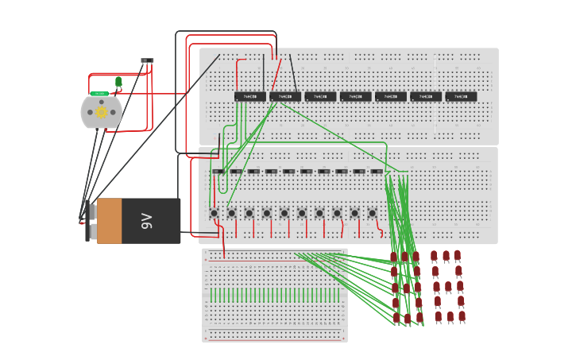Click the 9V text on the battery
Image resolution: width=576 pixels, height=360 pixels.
click(x=147, y=221)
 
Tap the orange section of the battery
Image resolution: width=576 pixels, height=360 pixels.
click(x=110, y=221)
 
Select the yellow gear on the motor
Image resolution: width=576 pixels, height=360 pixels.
click(x=101, y=112)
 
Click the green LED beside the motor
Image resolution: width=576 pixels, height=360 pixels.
click(x=118, y=81)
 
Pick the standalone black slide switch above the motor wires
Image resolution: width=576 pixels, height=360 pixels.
click(x=147, y=60)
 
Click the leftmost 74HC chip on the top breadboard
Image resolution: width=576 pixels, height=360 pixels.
click(x=249, y=97)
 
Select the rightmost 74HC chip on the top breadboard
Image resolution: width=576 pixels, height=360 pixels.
click(x=461, y=97)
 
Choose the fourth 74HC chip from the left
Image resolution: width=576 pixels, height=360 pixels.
click(x=355, y=97)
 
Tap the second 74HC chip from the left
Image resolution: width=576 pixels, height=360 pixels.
click(x=284, y=97)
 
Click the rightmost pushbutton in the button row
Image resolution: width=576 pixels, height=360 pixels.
click(x=372, y=213)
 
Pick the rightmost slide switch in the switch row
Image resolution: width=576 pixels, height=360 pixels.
click(x=377, y=171)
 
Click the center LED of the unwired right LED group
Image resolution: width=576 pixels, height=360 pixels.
click(x=448, y=287)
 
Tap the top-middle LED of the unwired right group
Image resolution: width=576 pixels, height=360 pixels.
click(x=446, y=256)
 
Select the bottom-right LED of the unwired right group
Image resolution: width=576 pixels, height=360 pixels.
click(x=462, y=316)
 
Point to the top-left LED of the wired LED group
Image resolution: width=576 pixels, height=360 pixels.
click(x=393, y=257)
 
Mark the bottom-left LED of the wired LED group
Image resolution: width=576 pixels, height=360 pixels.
click(x=396, y=318)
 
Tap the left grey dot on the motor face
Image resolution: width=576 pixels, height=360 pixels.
click(x=89, y=112)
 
